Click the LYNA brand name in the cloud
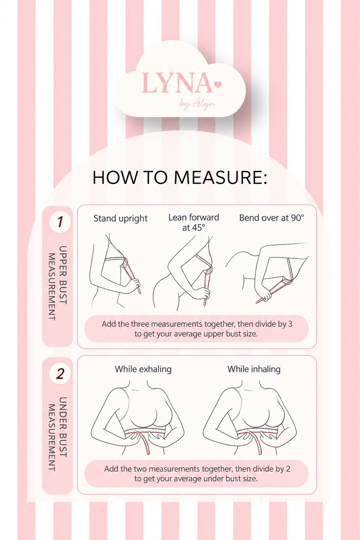(x=177, y=83)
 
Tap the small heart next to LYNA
(x=218, y=84)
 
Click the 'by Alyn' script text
(x=197, y=104)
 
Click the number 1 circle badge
(x=60, y=222)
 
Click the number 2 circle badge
(x=60, y=374)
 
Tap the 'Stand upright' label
(x=121, y=218)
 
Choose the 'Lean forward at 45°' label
(x=193, y=222)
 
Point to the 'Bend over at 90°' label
(x=271, y=218)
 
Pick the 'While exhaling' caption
(x=143, y=369)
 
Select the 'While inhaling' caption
(x=254, y=369)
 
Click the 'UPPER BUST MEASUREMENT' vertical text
(x=57, y=283)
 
